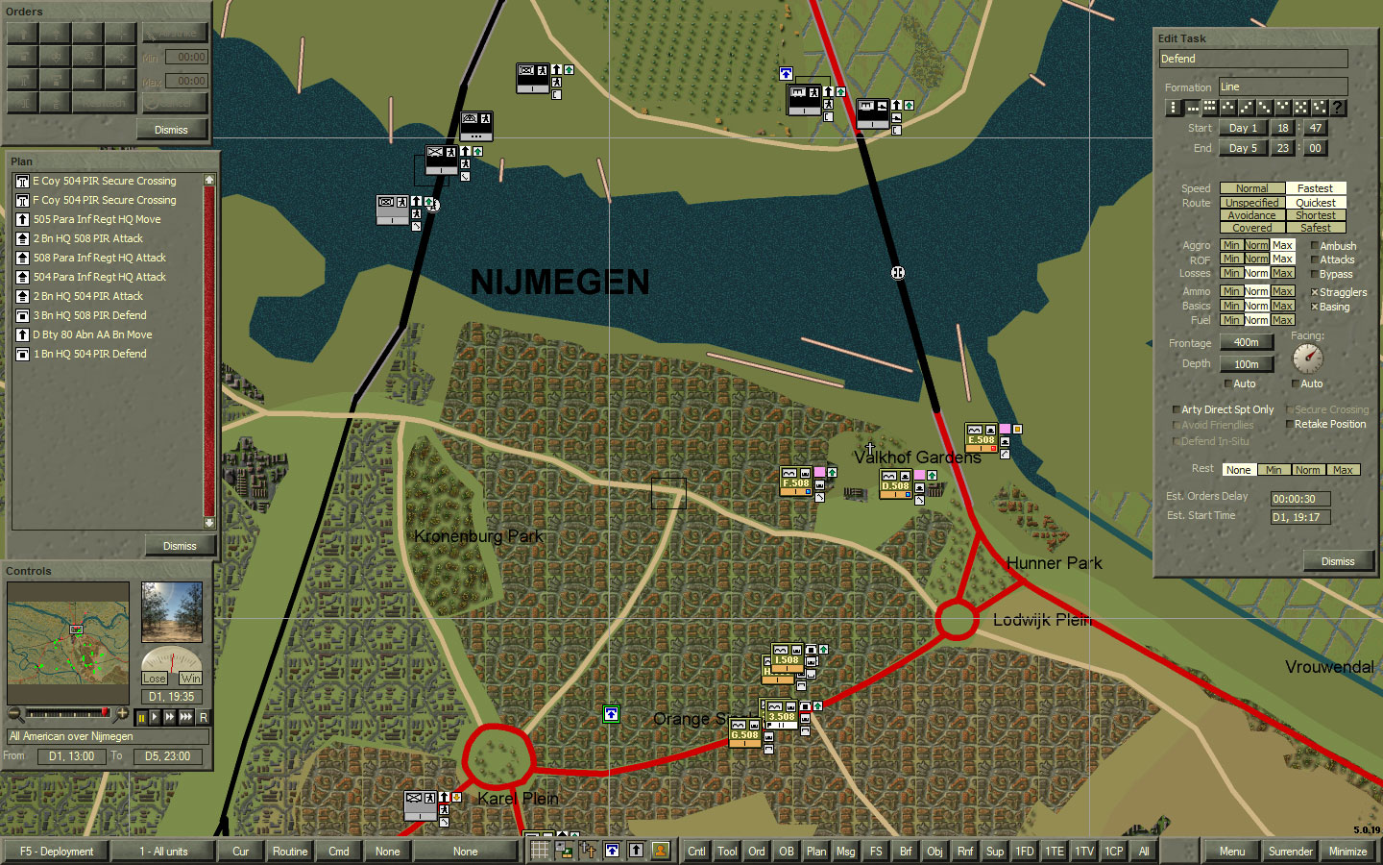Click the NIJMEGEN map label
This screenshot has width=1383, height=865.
click(560, 283)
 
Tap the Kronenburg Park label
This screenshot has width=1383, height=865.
click(478, 536)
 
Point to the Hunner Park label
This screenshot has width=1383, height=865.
click(1054, 563)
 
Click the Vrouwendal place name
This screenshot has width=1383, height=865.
click(1329, 667)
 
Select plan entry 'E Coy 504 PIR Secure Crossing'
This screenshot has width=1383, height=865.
click(105, 181)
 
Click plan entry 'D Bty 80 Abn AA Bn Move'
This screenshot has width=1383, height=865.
click(92, 334)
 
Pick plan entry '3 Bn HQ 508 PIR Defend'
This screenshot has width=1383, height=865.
click(89, 315)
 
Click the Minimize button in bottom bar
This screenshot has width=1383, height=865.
click(1347, 852)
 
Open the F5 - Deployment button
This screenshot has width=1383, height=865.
click(57, 852)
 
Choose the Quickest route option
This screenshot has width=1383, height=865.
click(1316, 203)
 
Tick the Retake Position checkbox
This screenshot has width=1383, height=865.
click(1289, 424)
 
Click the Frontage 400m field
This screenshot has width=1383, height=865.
click(1246, 342)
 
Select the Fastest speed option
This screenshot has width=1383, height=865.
click(1316, 188)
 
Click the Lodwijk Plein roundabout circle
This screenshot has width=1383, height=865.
click(957, 620)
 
